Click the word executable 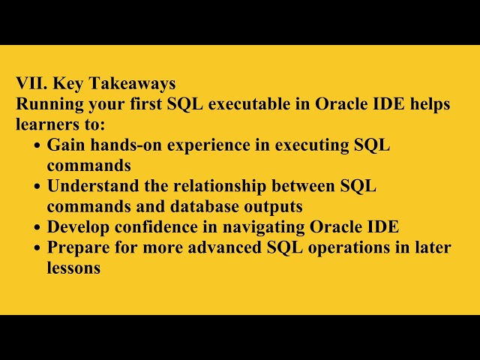tap(250, 104)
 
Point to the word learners tap(46, 124)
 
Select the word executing tap(307, 145)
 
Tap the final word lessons tap(73, 268)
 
